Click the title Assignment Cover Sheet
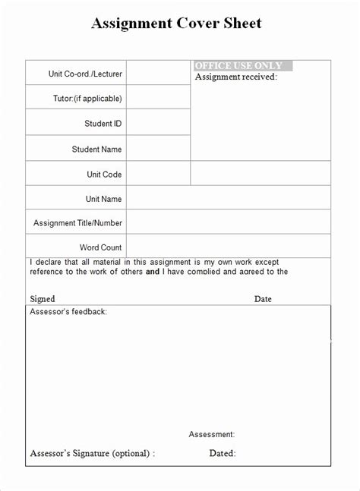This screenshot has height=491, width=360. coord(176,24)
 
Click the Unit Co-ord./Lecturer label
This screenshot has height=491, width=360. coord(85,74)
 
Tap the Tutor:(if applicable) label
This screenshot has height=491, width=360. coord(87,98)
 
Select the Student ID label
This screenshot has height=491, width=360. coord(103,123)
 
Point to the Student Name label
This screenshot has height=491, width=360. coord(96,150)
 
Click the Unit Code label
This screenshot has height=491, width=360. coord(104,175)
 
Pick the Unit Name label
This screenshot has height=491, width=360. coord(103,199)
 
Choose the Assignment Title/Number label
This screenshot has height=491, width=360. coord(77,223)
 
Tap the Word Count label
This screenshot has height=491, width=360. coord(100,247)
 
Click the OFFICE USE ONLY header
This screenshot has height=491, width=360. coord(238,66)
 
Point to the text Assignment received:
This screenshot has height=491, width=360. coord(236,77)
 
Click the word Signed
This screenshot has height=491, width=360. coord(43,299)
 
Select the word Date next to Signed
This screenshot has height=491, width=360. coord(263,299)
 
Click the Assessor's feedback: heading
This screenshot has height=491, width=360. coord(68,312)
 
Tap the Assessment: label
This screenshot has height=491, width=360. coord(211,435)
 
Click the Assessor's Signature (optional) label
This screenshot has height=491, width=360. coord(92,454)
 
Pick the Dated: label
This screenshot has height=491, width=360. coord(223,454)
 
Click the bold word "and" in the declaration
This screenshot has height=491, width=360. coord(153,271)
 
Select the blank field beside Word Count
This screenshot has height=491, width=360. coord(228,247)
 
